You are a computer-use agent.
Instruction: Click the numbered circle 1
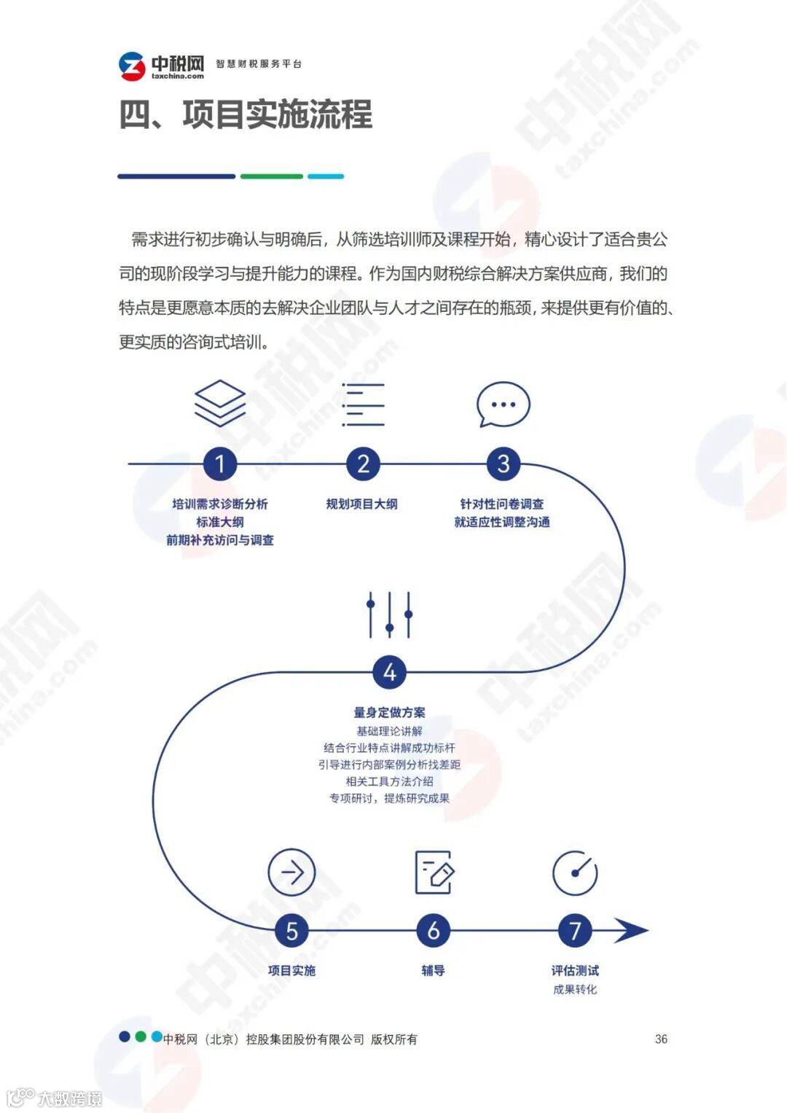click(x=220, y=464)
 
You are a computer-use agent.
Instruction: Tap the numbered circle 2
click(x=363, y=464)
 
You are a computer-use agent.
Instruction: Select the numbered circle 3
click(x=503, y=464)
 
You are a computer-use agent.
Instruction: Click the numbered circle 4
click(x=389, y=672)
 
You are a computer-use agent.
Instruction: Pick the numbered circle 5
click(x=291, y=931)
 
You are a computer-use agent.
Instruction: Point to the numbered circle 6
click(x=433, y=931)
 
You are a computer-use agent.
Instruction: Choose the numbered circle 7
click(x=575, y=931)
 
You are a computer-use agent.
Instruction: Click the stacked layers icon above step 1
click(x=220, y=403)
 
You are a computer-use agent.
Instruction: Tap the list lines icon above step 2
click(x=363, y=405)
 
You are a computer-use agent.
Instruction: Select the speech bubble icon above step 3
click(x=503, y=405)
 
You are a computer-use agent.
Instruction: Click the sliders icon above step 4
click(x=389, y=614)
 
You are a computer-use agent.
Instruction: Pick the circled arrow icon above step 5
click(x=291, y=872)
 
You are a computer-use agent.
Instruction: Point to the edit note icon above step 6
click(x=434, y=872)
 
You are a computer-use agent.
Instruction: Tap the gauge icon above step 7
click(x=575, y=872)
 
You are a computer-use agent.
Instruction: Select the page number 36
click(x=661, y=1039)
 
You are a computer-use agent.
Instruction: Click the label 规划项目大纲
click(x=362, y=504)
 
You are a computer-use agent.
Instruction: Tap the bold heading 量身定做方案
click(x=389, y=712)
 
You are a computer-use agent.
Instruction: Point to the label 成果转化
click(x=575, y=989)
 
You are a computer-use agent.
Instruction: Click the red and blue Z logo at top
click(x=133, y=66)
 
